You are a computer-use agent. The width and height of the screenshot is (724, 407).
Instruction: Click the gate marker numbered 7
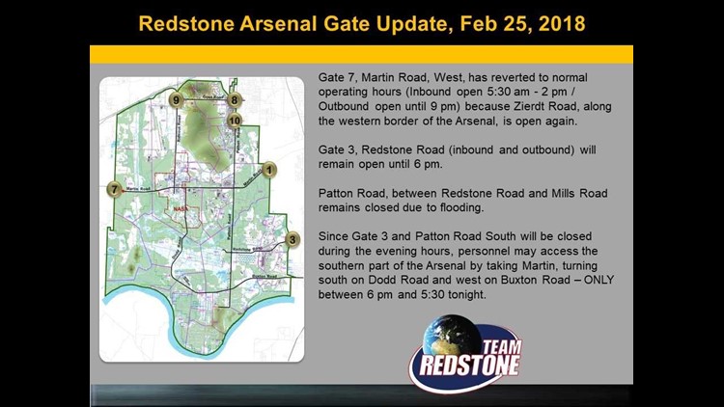(x=116, y=189)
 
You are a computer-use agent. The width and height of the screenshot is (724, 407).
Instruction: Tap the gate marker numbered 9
(x=175, y=99)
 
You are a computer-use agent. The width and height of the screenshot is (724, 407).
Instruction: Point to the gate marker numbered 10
(x=235, y=120)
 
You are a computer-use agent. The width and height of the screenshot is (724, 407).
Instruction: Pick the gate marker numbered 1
(x=270, y=170)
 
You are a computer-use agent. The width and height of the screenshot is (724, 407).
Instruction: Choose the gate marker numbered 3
(x=292, y=239)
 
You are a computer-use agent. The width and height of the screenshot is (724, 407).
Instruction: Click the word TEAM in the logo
(x=493, y=340)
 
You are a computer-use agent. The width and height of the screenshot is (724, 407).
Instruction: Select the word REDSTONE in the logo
(x=467, y=366)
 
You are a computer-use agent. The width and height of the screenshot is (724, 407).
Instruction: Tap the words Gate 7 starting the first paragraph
(x=335, y=74)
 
